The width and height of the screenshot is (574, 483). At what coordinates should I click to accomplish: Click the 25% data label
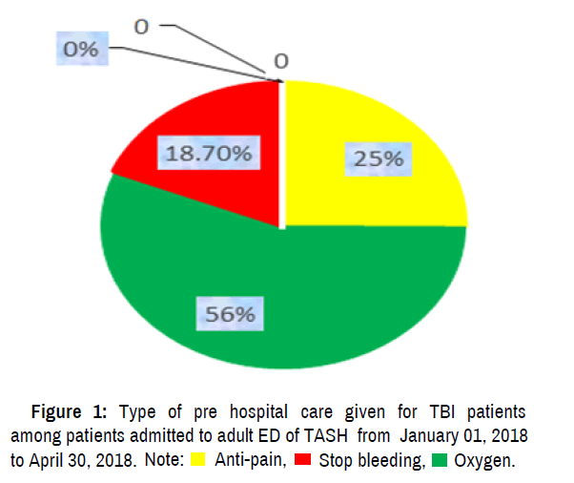[378, 158]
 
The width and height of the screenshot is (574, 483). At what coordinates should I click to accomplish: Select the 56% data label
[226, 312]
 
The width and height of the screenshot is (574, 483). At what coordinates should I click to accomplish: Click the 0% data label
[81, 51]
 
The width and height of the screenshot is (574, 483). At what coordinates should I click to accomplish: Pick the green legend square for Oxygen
[440, 462]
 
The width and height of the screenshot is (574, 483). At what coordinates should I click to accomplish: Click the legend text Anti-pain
[250, 462]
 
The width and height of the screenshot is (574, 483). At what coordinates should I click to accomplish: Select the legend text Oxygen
[484, 462]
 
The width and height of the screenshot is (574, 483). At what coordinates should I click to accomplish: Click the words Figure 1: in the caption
[70, 413]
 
